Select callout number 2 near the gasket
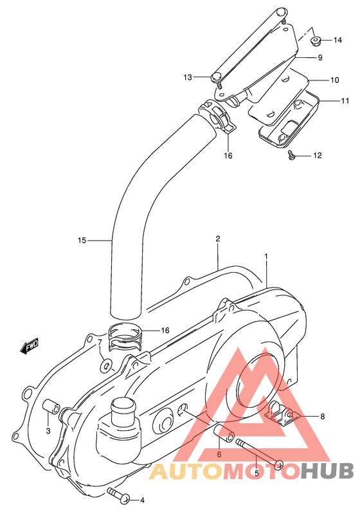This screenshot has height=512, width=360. (218, 239)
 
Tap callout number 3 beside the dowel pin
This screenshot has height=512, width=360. (48, 430)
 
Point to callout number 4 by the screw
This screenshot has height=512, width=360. (142, 500)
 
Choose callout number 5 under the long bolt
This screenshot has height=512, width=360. (256, 473)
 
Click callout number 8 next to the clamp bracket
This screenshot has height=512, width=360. (322, 416)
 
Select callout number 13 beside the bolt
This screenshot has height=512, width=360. (188, 77)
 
